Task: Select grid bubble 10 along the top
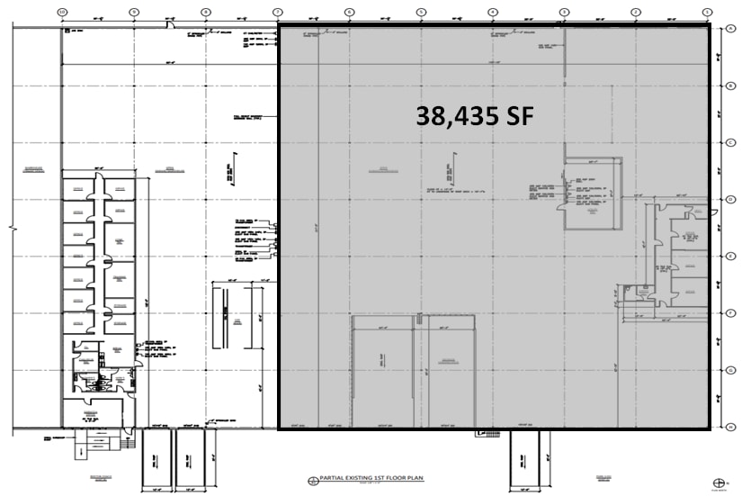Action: [61, 12]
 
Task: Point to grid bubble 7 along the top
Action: [277, 12]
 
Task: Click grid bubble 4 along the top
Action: [492, 12]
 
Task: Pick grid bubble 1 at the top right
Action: [707, 12]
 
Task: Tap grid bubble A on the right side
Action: [732, 29]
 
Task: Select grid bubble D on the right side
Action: [732, 199]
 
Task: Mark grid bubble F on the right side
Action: [732, 313]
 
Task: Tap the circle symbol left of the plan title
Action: [313, 481]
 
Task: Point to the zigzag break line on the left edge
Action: [12, 229]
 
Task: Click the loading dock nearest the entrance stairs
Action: [157, 456]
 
